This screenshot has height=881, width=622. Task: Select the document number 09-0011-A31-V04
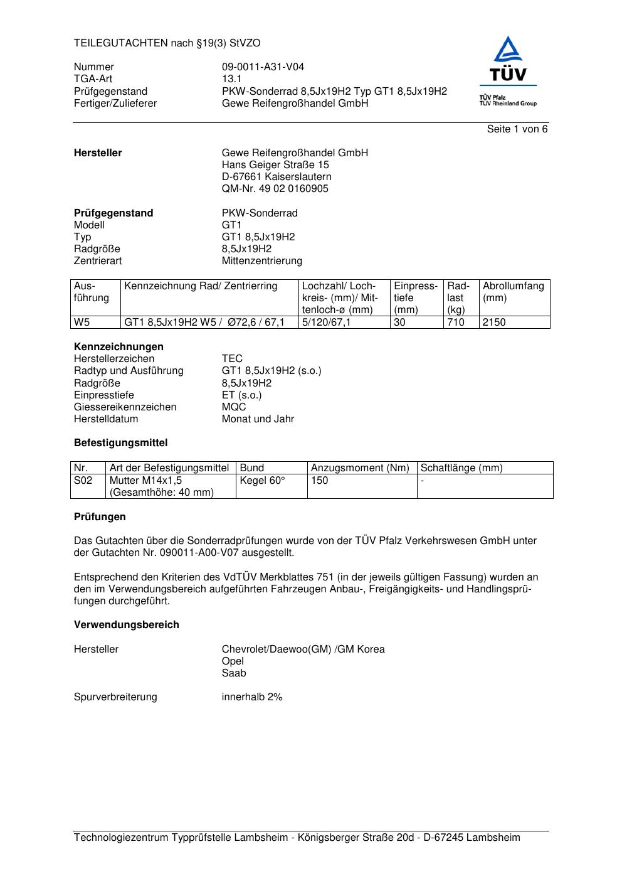click(x=263, y=67)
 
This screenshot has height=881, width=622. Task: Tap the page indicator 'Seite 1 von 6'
click(x=517, y=129)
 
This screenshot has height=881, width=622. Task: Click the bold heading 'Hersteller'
click(x=98, y=153)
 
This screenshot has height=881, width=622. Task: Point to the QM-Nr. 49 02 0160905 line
click(x=275, y=189)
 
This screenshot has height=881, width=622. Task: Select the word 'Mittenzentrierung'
click(x=261, y=261)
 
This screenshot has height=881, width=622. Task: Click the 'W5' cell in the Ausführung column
click(x=82, y=323)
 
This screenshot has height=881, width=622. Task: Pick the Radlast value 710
click(x=455, y=323)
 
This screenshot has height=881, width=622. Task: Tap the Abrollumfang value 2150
click(x=493, y=323)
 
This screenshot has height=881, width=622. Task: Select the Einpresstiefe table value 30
click(x=399, y=323)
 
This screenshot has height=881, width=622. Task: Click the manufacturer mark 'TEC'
click(x=232, y=359)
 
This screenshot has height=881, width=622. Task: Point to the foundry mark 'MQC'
click(x=234, y=407)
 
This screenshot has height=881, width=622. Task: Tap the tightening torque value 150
click(x=319, y=481)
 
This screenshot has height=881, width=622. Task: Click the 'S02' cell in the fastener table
click(x=83, y=481)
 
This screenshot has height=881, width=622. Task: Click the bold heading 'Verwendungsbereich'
click(x=126, y=625)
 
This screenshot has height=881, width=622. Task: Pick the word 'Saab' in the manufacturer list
click(x=234, y=673)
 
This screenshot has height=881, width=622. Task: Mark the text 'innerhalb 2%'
click(x=252, y=697)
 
